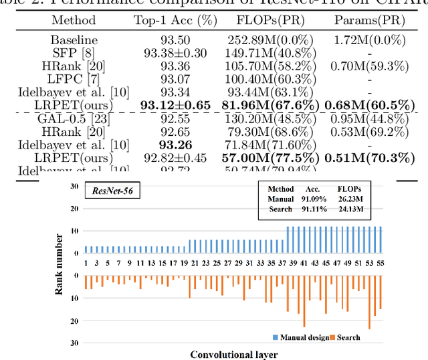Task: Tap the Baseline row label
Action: [73, 41]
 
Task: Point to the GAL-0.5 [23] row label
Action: [73, 117]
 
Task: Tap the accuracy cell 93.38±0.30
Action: [175, 53]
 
